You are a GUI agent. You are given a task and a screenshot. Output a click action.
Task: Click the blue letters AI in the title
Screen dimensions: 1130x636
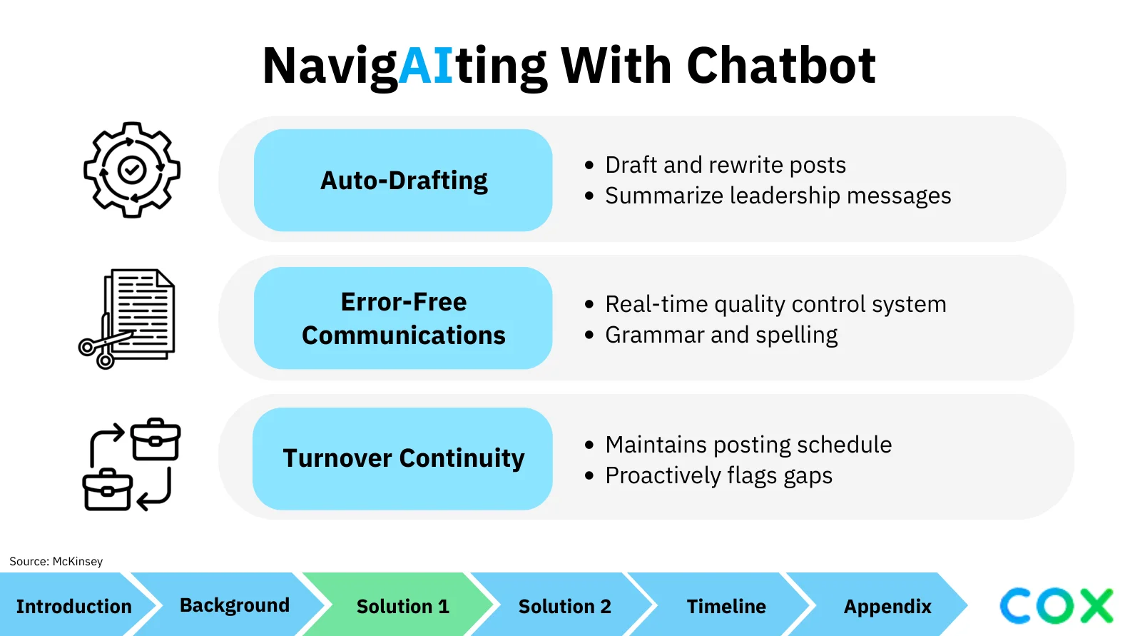(426, 66)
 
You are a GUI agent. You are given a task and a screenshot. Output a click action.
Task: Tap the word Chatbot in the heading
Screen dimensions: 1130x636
(781, 66)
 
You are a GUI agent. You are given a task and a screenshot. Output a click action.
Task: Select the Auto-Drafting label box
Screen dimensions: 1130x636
(403, 180)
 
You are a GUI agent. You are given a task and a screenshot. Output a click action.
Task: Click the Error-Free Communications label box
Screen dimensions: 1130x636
(403, 318)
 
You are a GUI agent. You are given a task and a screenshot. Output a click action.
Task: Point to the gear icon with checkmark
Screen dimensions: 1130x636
(132, 170)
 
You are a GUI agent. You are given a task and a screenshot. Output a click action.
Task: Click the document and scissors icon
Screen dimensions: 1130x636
(127, 319)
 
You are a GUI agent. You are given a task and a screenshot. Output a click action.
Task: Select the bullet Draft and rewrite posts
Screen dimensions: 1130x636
(716, 165)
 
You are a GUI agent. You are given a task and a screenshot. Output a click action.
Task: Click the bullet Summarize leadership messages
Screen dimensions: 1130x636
(768, 196)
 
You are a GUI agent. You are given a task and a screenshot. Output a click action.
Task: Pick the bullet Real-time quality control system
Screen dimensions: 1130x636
(765, 304)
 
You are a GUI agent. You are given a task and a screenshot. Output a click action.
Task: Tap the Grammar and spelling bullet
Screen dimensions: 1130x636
(711, 335)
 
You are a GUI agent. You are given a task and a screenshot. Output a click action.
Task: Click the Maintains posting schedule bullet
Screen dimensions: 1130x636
(738, 445)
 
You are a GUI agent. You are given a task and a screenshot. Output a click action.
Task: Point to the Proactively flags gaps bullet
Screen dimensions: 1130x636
(708, 475)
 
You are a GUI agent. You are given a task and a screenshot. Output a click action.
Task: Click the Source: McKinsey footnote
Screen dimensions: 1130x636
(56, 561)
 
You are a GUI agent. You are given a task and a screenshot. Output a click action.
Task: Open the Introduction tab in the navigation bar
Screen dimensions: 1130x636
(74, 606)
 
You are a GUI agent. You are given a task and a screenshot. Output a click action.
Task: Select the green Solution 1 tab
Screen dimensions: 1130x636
(402, 606)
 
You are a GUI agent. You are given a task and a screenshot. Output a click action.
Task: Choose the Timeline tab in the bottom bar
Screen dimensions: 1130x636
(726, 606)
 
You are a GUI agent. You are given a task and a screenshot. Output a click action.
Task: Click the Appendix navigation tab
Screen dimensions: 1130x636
(887, 606)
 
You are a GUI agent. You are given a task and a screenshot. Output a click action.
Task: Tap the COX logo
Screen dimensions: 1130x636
(1057, 606)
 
